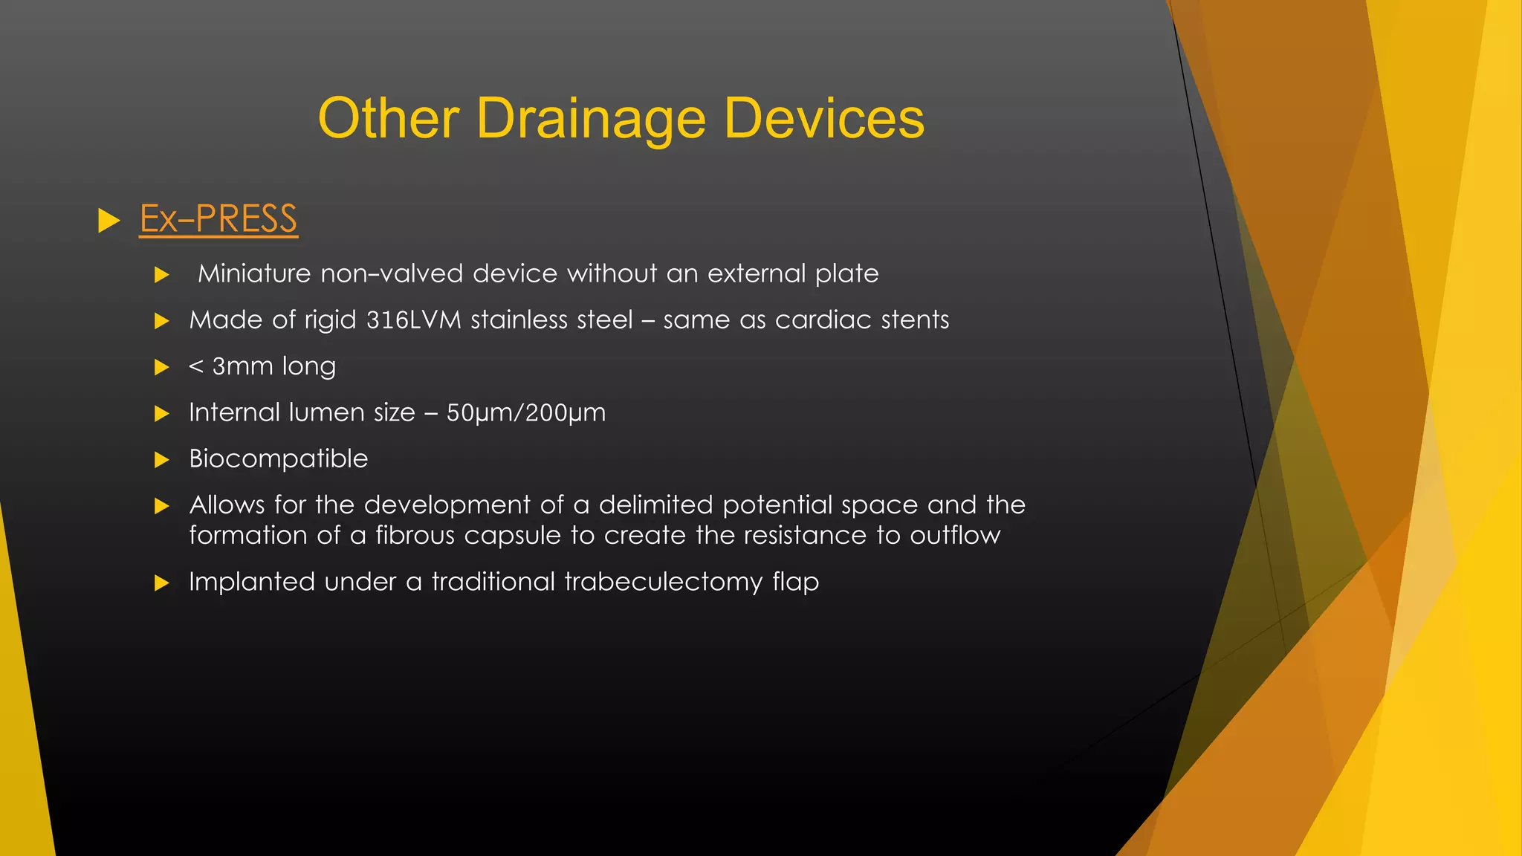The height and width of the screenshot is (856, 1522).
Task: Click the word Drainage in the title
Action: pyautogui.click(x=591, y=119)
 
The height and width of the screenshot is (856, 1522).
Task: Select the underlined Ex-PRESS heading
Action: pyautogui.click(x=218, y=219)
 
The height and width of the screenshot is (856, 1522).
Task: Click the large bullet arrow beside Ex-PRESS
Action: pyautogui.click(x=109, y=221)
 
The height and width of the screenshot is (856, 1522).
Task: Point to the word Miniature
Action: pyautogui.click(x=254, y=274)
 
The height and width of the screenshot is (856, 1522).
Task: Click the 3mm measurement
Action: pyautogui.click(x=242, y=367)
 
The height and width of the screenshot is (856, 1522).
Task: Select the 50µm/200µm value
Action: pyautogui.click(x=525, y=413)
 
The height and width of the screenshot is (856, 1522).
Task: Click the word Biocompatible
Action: pyautogui.click(x=279, y=459)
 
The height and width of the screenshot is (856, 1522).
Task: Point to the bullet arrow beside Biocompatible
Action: pyautogui.click(x=161, y=460)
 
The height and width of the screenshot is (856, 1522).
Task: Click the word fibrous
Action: pyautogui.click(x=415, y=536)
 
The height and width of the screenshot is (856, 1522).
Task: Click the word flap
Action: pyautogui.click(x=795, y=583)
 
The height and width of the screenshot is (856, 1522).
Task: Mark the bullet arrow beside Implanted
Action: pyautogui.click(x=161, y=583)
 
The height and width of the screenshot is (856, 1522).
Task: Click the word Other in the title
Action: pyautogui.click(x=388, y=119)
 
